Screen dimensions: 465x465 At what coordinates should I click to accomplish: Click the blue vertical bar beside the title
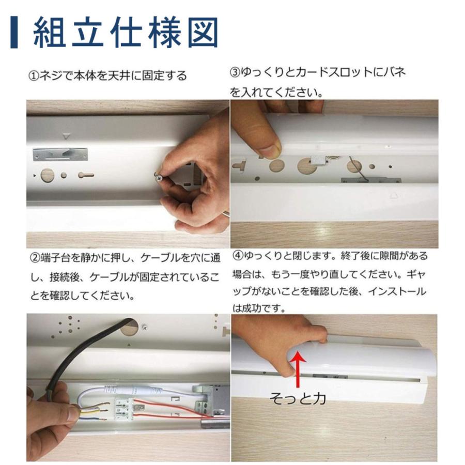tap(14, 34)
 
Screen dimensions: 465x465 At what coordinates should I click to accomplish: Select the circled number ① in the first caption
tap(33, 76)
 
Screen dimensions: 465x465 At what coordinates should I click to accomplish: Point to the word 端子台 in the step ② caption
tap(55, 257)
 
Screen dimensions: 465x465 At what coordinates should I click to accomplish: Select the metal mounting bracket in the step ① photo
tap(60, 153)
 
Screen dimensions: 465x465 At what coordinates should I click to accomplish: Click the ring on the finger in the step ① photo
tap(225, 212)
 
